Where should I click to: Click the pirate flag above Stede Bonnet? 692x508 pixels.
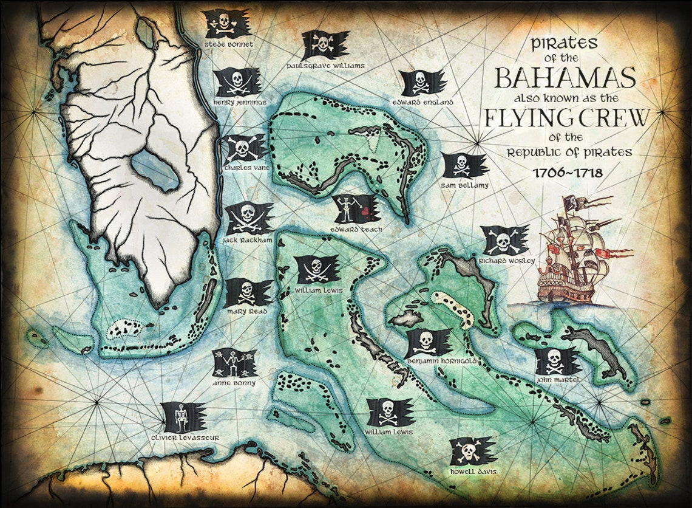(227, 24)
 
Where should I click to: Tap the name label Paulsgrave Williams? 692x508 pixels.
(326, 64)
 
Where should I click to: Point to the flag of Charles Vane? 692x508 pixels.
(242, 148)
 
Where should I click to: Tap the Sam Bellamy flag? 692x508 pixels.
(463, 165)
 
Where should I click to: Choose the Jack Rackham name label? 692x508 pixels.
(247, 241)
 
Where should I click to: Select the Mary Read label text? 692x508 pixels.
(246, 311)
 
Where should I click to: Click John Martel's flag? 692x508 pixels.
(557, 362)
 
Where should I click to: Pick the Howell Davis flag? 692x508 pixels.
(472, 451)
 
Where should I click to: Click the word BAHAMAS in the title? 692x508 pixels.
(565, 78)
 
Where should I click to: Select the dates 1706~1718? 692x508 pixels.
(567, 172)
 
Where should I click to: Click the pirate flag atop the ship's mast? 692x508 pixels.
(571, 203)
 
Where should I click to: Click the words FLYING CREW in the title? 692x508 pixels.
(566, 118)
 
